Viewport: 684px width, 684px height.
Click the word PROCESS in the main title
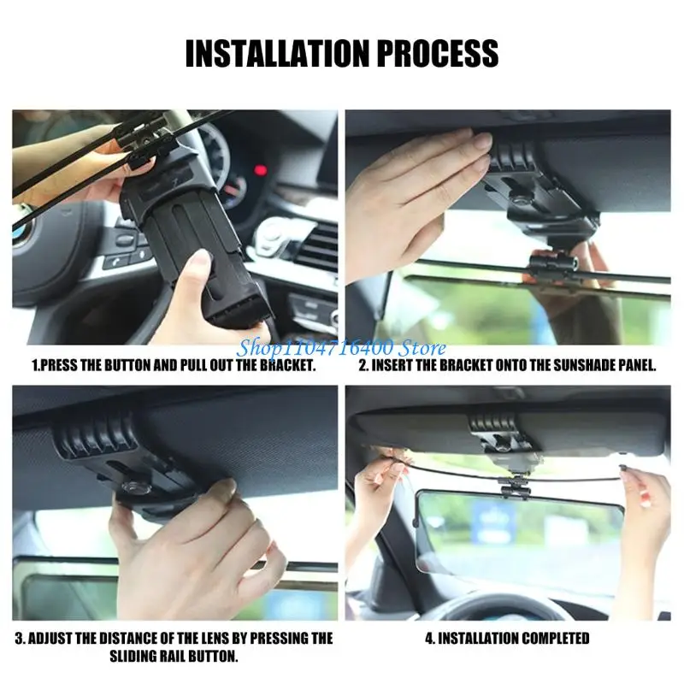tap(434, 52)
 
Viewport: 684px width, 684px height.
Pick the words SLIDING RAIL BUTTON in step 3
tap(174, 657)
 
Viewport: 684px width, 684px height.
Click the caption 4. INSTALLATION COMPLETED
tap(507, 639)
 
